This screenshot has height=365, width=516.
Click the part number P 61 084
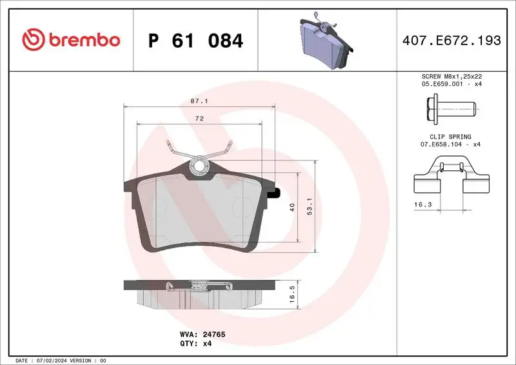(195, 41)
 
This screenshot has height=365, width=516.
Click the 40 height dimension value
(292, 208)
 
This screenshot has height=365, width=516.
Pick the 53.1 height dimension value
(310, 207)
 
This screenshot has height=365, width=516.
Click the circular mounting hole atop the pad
(198, 166)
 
